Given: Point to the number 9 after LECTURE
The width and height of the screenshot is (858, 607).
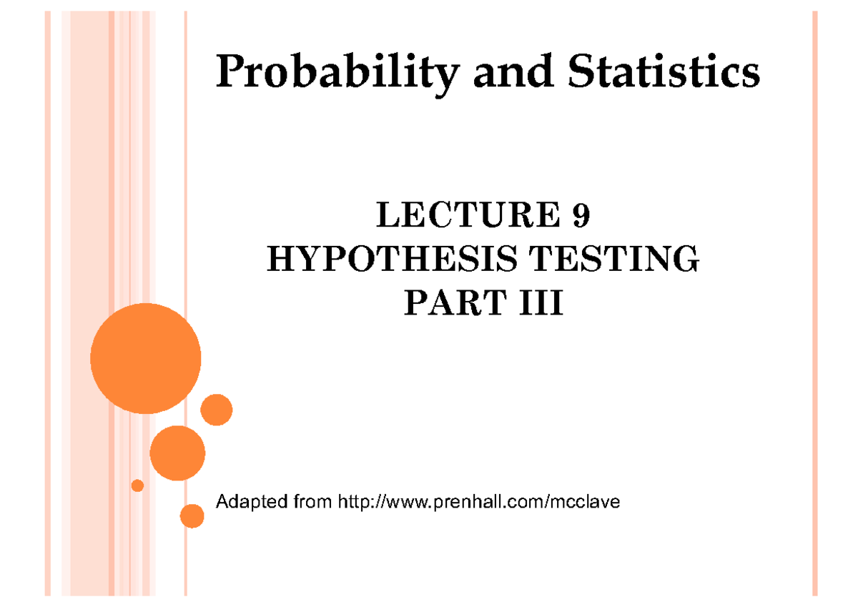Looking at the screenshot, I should click(581, 216).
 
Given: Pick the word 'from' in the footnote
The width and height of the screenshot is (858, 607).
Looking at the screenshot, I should click(306, 503).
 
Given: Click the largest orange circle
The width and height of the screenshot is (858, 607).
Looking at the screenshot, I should click(146, 358).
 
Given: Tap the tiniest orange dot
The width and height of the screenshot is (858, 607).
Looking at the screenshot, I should click(138, 485).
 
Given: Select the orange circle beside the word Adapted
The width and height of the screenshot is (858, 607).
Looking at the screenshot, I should click(192, 515).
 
